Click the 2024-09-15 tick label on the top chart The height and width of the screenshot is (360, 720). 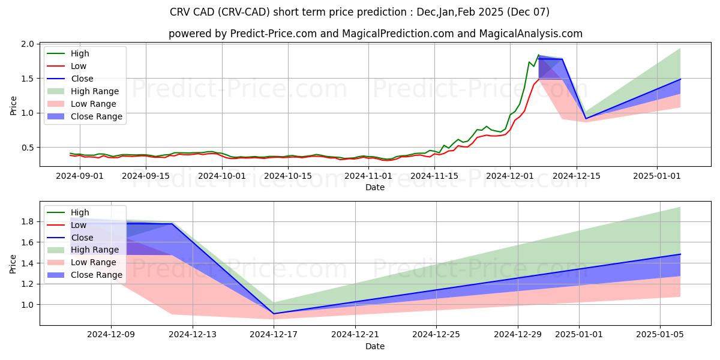point(146,176)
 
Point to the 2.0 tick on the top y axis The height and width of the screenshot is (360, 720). point(28,44)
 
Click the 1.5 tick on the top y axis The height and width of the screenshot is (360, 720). point(28,79)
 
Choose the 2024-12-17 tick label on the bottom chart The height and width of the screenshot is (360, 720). point(274,335)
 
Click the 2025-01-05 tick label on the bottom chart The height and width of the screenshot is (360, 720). point(660,335)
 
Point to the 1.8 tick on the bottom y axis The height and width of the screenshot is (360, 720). point(28,221)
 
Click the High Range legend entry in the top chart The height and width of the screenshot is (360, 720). point(95,91)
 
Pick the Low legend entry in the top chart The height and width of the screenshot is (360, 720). point(79,66)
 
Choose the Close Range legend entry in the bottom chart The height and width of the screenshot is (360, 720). point(96,275)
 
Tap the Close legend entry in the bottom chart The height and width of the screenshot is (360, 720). point(82,238)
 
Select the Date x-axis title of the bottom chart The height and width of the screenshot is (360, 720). point(375,346)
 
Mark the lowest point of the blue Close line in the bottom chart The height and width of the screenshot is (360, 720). point(274,314)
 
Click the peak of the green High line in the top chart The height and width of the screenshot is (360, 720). point(538,55)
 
